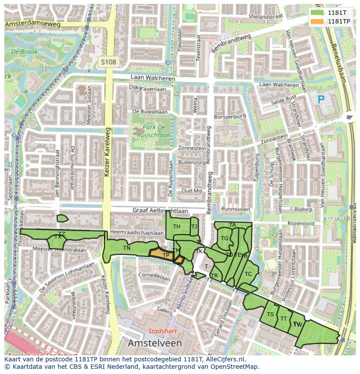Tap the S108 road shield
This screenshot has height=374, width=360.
pyautogui.click(x=108, y=62)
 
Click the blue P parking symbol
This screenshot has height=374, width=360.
pyautogui.click(x=321, y=100)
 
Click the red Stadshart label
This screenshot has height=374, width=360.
pyautogui.click(x=163, y=331)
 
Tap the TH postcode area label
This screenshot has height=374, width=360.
pyautogui.click(x=177, y=227)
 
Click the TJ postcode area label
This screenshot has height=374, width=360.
pyautogui.click(x=194, y=226)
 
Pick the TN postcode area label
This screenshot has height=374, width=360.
pyautogui.click(x=127, y=248)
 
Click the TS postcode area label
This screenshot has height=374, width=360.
pyautogui.click(x=270, y=314)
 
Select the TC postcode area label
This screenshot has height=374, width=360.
pyautogui.click(x=248, y=274)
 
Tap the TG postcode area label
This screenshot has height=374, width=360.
pyautogui.click(x=224, y=238)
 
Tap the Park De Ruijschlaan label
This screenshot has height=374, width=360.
pyautogui.click(x=150, y=131)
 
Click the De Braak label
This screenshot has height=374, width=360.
pyautogui.click(x=25, y=51)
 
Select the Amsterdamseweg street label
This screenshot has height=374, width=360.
pyautogui.click(x=33, y=24)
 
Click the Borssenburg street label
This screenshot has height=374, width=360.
pyautogui.click(x=230, y=116)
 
